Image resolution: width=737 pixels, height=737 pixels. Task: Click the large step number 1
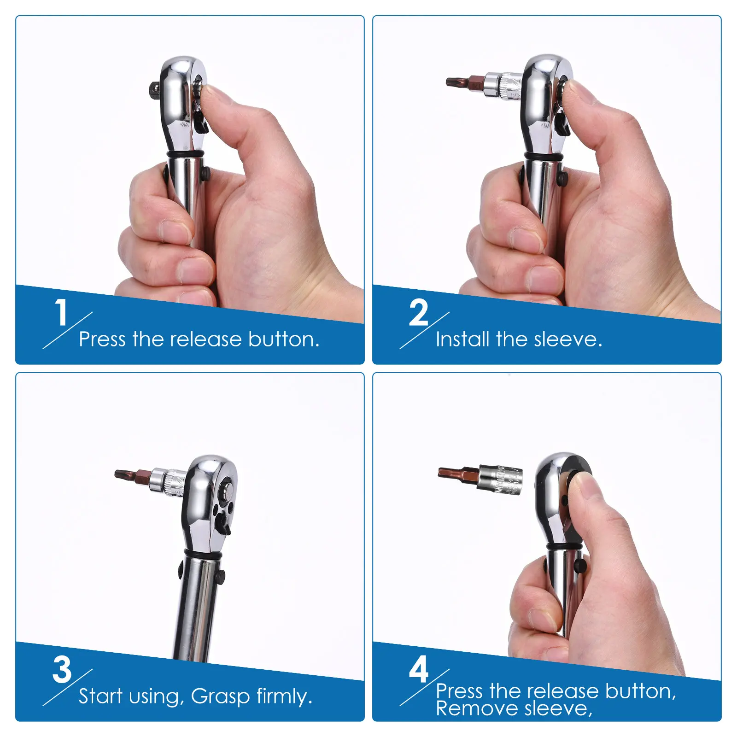pyautogui.click(x=61, y=312)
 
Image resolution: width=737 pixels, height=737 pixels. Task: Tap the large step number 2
pyautogui.click(x=418, y=312)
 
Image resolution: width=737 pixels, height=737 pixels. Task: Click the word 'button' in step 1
pyautogui.click(x=283, y=339)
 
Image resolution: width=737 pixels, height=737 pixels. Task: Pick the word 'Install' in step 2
pyautogui.click(x=462, y=339)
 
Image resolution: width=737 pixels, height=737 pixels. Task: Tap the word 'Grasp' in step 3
pyautogui.click(x=220, y=696)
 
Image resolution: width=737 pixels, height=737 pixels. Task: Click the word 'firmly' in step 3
pyautogui.click(x=285, y=696)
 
